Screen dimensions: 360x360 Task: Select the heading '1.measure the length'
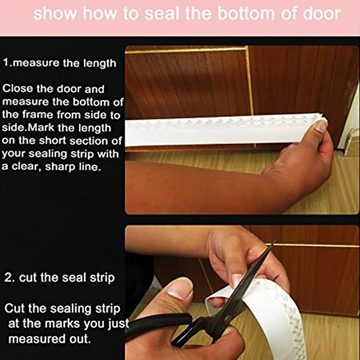[x=59, y=63]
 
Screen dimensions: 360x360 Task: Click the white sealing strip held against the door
[x=216, y=130]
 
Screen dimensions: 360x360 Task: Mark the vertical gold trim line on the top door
[x=249, y=81]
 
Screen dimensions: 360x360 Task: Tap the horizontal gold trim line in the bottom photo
[x=315, y=246]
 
